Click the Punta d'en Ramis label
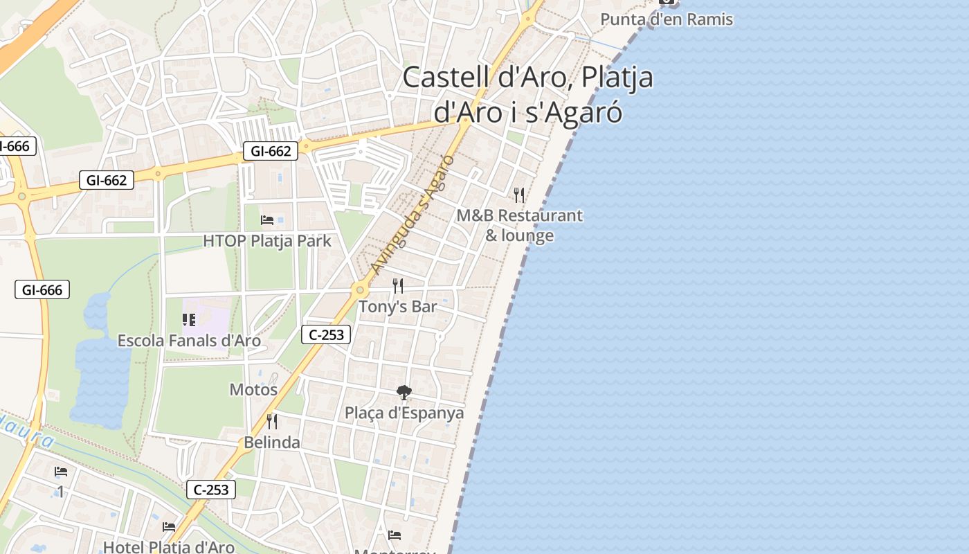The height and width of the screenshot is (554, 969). [666, 19]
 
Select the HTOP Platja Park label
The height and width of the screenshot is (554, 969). [267, 241]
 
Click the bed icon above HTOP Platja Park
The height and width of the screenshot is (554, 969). [267, 220]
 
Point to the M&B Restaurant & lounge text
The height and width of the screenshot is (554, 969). [519, 225]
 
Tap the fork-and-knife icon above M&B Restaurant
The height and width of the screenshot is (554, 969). [519, 195]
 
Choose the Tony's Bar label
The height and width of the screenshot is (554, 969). [398, 306]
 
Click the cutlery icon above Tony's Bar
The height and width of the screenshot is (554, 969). [398, 285]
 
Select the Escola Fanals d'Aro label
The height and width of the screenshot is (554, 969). [189, 341]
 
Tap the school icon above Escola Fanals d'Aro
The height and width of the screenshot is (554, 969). [189, 319]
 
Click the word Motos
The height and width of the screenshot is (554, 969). [253, 389]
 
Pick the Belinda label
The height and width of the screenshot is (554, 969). [272, 443]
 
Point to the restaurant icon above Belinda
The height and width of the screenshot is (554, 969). [272, 421]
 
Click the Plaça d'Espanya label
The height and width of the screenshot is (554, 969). [404, 413]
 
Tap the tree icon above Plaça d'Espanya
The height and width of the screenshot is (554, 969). [404, 393]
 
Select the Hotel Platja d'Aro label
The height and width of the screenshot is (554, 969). [169, 547]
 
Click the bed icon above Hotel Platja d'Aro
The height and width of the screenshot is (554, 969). [169, 527]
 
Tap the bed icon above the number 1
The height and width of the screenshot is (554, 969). [61, 472]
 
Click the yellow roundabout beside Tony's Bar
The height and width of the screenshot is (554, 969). [359, 290]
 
